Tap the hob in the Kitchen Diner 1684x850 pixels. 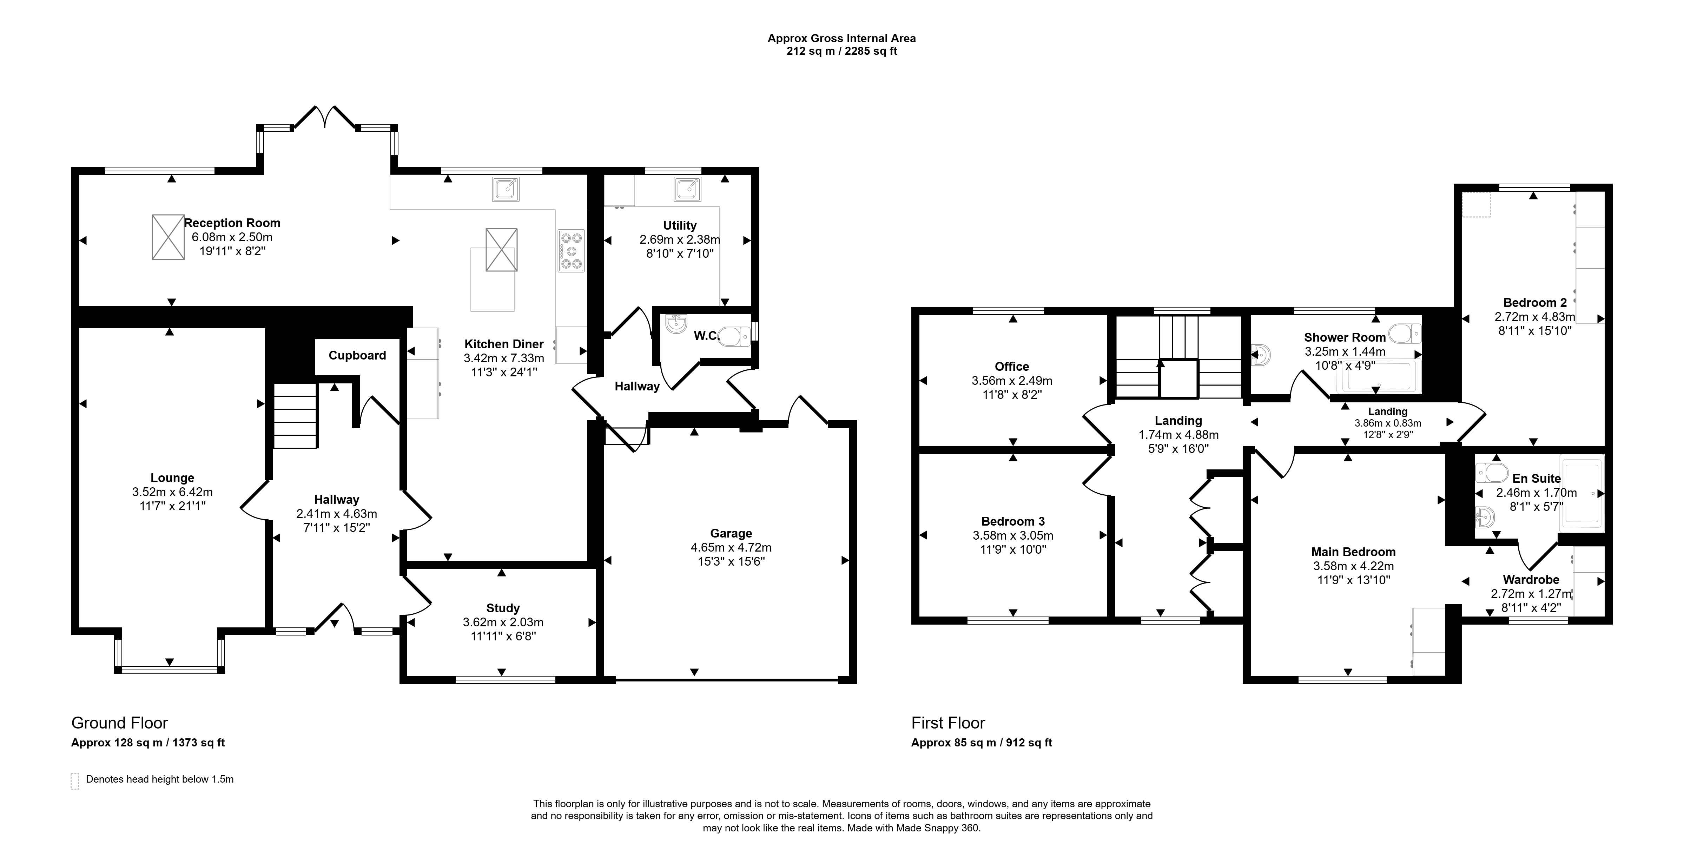tap(571, 250)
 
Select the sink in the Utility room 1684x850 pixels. tap(688, 189)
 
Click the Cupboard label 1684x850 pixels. tap(357, 355)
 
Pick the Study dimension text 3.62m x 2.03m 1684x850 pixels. tap(503, 622)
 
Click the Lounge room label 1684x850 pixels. tap(172, 478)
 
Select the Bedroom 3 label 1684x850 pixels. tap(1013, 521)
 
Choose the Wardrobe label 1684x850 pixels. tap(1531, 579)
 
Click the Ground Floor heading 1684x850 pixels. tap(120, 723)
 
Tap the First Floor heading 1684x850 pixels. tap(948, 723)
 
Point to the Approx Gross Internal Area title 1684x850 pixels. tap(841, 39)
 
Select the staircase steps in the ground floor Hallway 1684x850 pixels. tap(295, 416)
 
